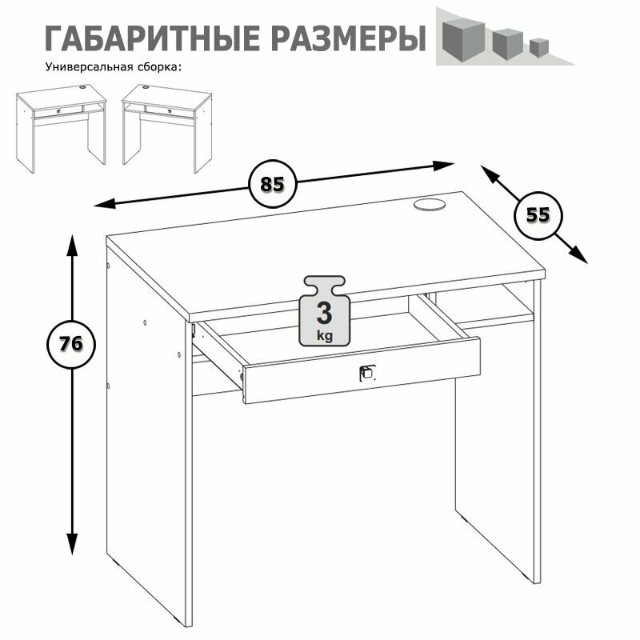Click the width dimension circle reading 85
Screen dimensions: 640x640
coord(272,184)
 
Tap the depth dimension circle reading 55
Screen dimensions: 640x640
coord(538,215)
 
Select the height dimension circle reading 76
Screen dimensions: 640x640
coord(71,344)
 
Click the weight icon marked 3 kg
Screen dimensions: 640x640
coord(325,311)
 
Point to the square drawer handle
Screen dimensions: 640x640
coord(366,372)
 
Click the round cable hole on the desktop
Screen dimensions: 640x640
coord(430,204)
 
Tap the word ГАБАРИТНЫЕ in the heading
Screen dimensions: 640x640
coord(152,38)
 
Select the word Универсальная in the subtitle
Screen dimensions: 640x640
coord(89,67)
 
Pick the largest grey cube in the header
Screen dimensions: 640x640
coord(464,39)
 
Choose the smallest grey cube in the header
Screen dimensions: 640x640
coord(539,47)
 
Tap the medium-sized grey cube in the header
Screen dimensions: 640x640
coord(507,44)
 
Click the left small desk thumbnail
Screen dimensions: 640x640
coord(62,129)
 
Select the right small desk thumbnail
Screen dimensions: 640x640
coord(167,129)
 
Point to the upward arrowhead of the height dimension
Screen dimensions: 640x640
coord(72,246)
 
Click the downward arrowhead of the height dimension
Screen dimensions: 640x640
coord(72,544)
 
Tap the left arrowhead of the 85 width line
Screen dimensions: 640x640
coord(105,203)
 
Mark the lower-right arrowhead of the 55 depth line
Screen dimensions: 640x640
coord(578,255)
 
